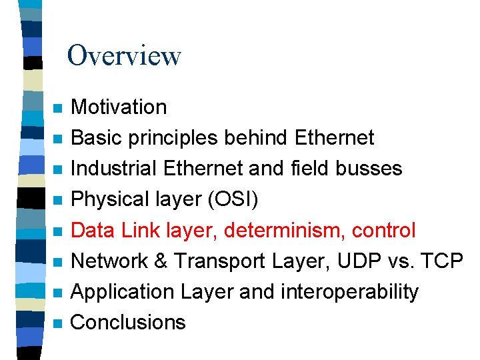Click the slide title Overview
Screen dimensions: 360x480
click(x=124, y=55)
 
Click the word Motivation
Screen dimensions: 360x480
click(x=119, y=107)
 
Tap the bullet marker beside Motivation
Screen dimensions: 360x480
click(x=59, y=109)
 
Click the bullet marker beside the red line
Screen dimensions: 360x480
click(x=59, y=232)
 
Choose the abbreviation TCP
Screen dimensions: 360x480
click(x=444, y=261)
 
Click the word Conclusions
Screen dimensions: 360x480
click(x=128, y=322)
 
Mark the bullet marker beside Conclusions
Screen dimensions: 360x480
click(x=59, y=324)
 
